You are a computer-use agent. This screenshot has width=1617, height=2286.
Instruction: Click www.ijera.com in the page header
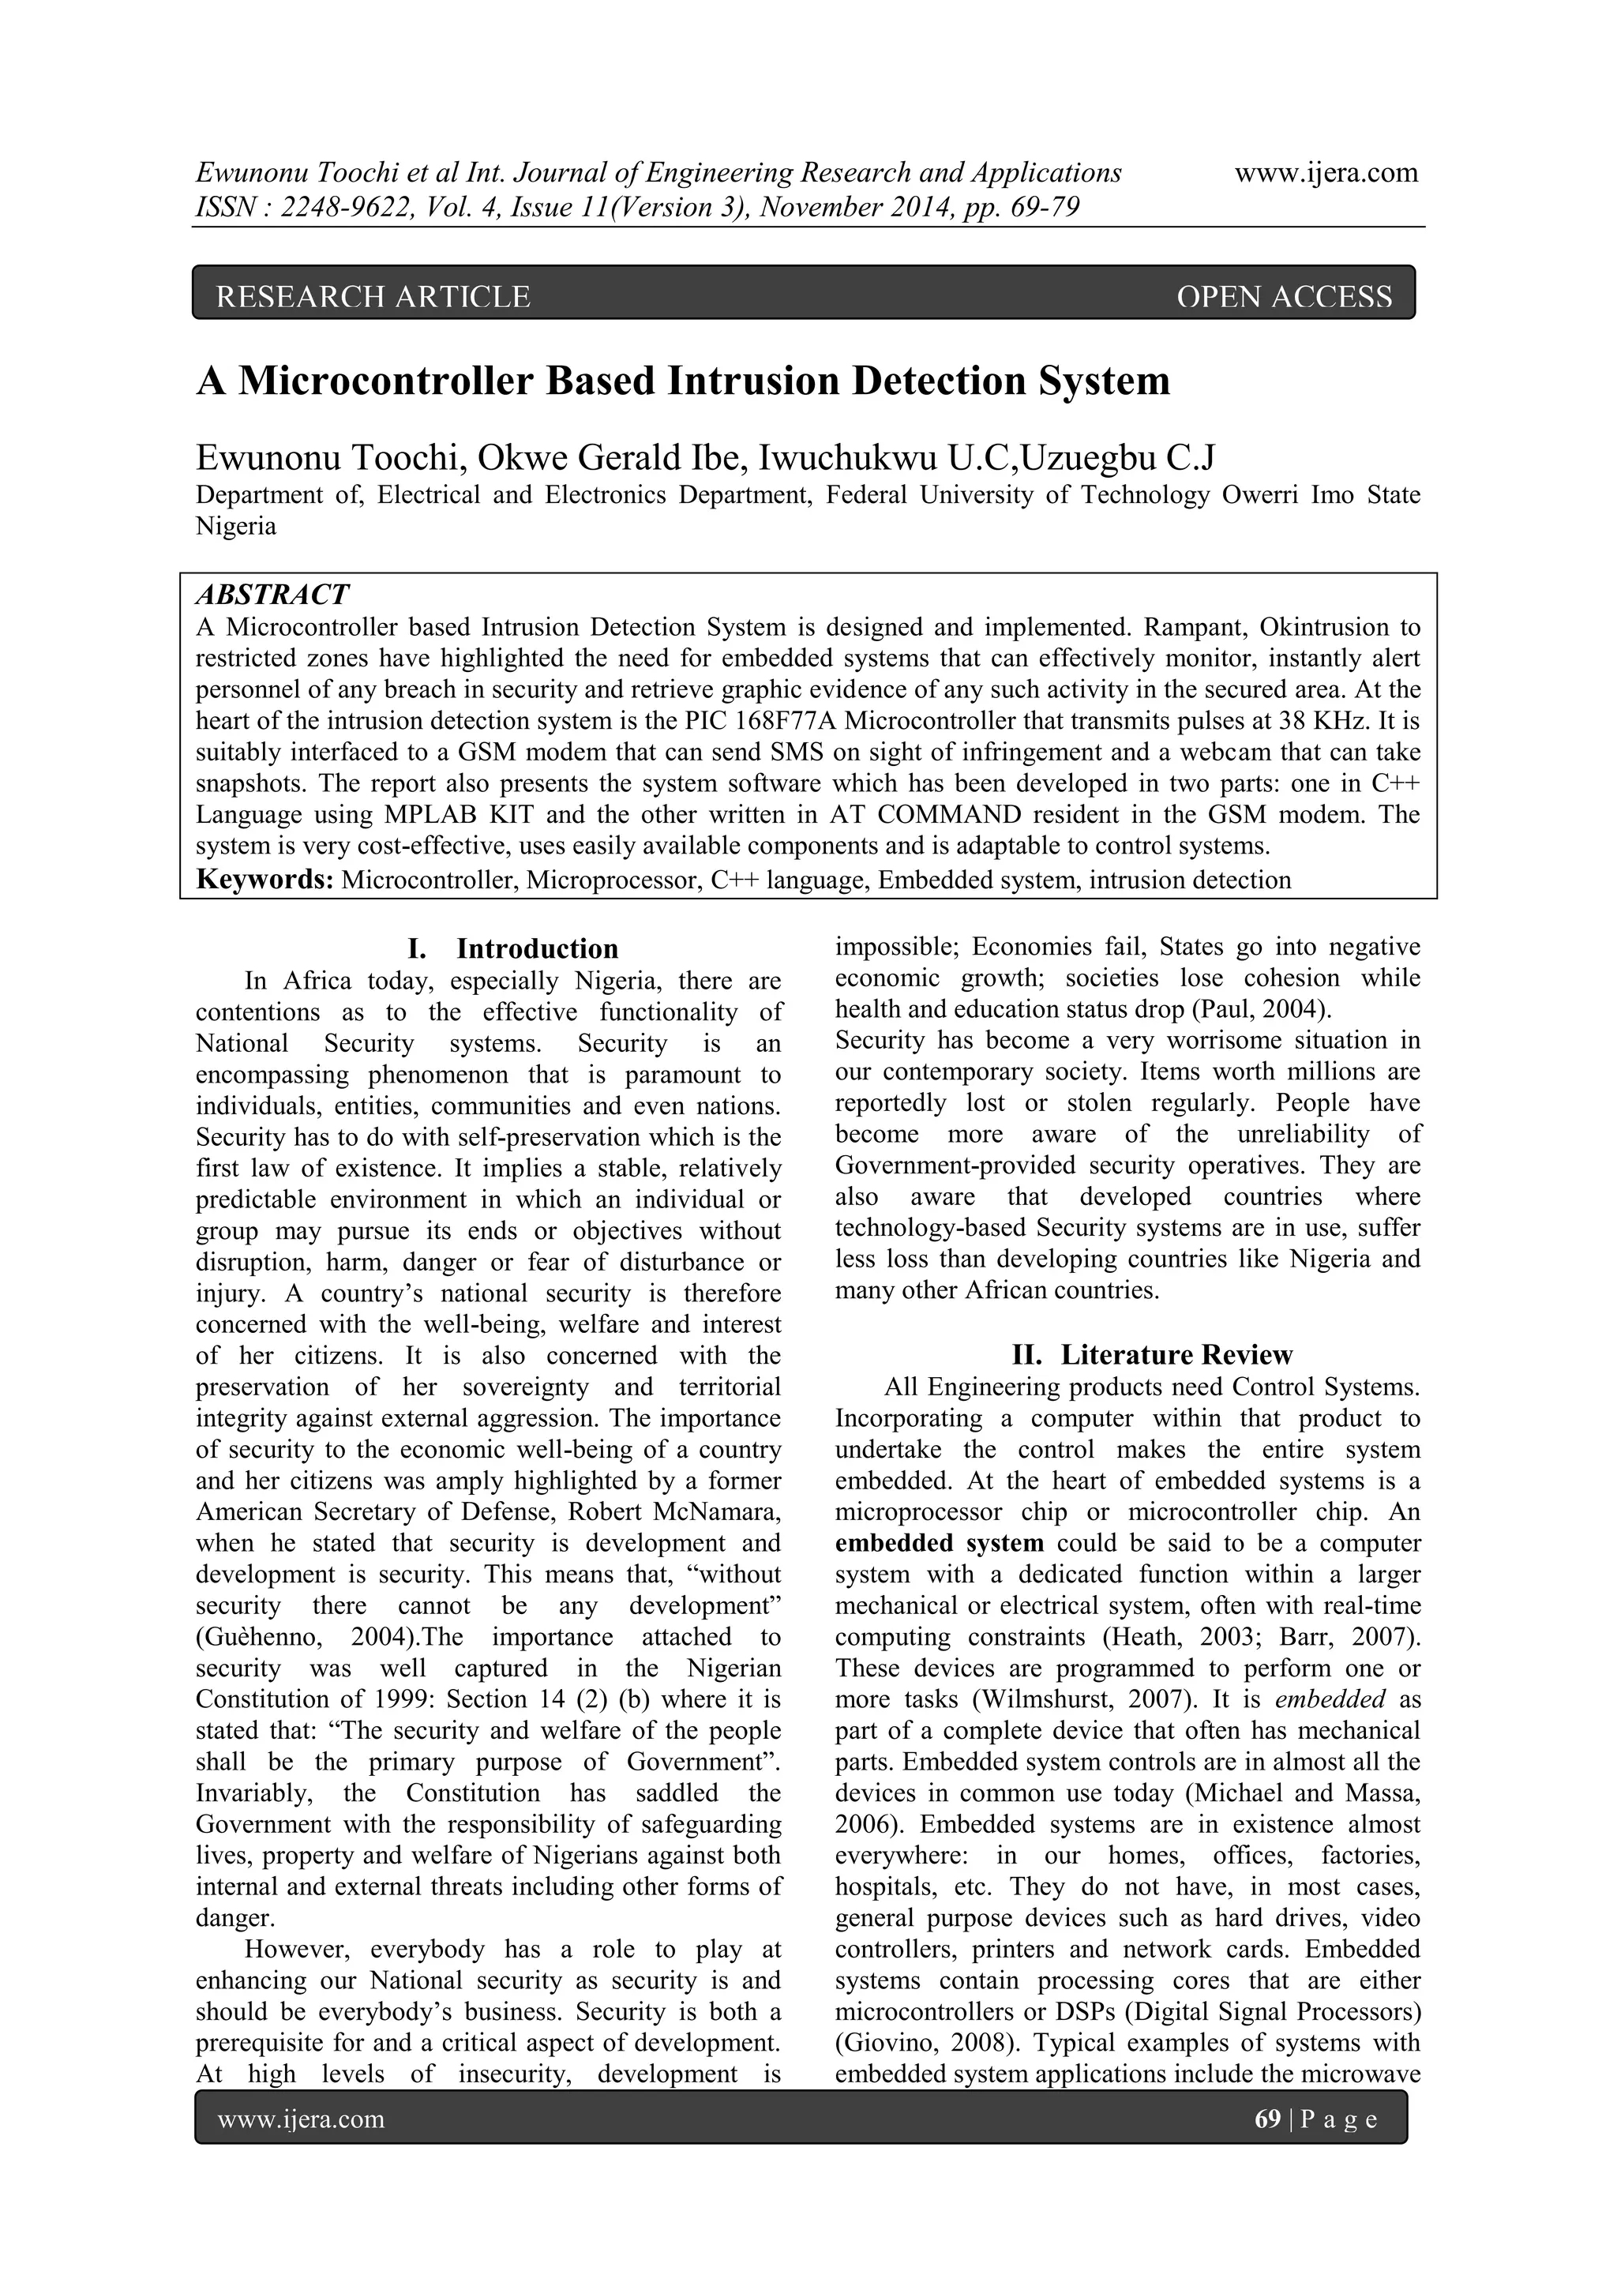[x=1326, y=173]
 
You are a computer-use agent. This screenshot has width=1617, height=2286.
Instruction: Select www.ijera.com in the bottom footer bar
[x=301, y=2119]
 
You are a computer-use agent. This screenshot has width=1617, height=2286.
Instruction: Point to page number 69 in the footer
[x=1267, y=2119]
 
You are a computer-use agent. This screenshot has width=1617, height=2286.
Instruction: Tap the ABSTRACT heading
[x=272, y=595]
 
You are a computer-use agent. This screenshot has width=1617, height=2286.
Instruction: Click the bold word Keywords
[x=264, y=879]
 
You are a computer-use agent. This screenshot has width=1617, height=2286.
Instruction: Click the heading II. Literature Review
[x=1151, y=1355]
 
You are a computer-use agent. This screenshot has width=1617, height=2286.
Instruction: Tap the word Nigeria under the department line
[x=236, y=527]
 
